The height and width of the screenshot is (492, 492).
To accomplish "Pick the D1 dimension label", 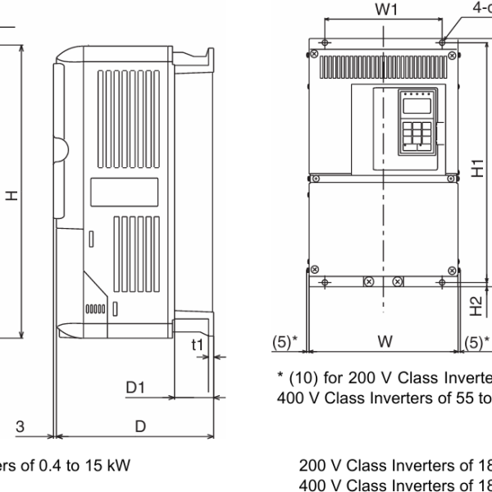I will [x=135, y=386].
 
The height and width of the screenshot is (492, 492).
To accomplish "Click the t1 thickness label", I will [x=196, y=345].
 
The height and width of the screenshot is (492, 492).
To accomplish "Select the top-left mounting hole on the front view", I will [x=326, y=42].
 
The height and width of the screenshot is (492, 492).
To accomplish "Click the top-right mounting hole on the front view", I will [x=442, y=42].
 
